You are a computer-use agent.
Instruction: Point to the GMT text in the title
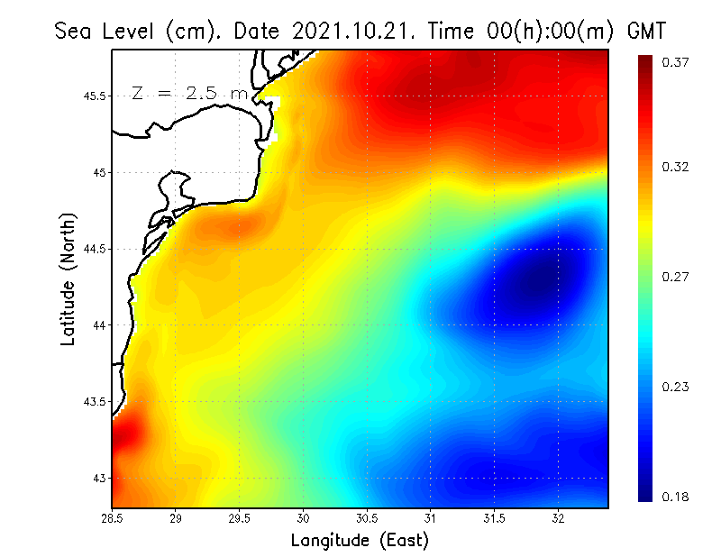646,31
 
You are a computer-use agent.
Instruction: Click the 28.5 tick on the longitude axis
113,518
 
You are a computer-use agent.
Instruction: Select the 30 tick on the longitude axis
304,518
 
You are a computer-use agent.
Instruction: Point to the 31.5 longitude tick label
494,518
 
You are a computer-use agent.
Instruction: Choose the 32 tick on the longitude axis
558,518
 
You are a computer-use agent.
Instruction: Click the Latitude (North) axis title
68,279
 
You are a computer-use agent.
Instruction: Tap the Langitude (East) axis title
359,541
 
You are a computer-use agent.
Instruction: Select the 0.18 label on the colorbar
675,497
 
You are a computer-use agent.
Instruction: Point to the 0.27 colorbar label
675,278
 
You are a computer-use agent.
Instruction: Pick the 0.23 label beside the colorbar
675,388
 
